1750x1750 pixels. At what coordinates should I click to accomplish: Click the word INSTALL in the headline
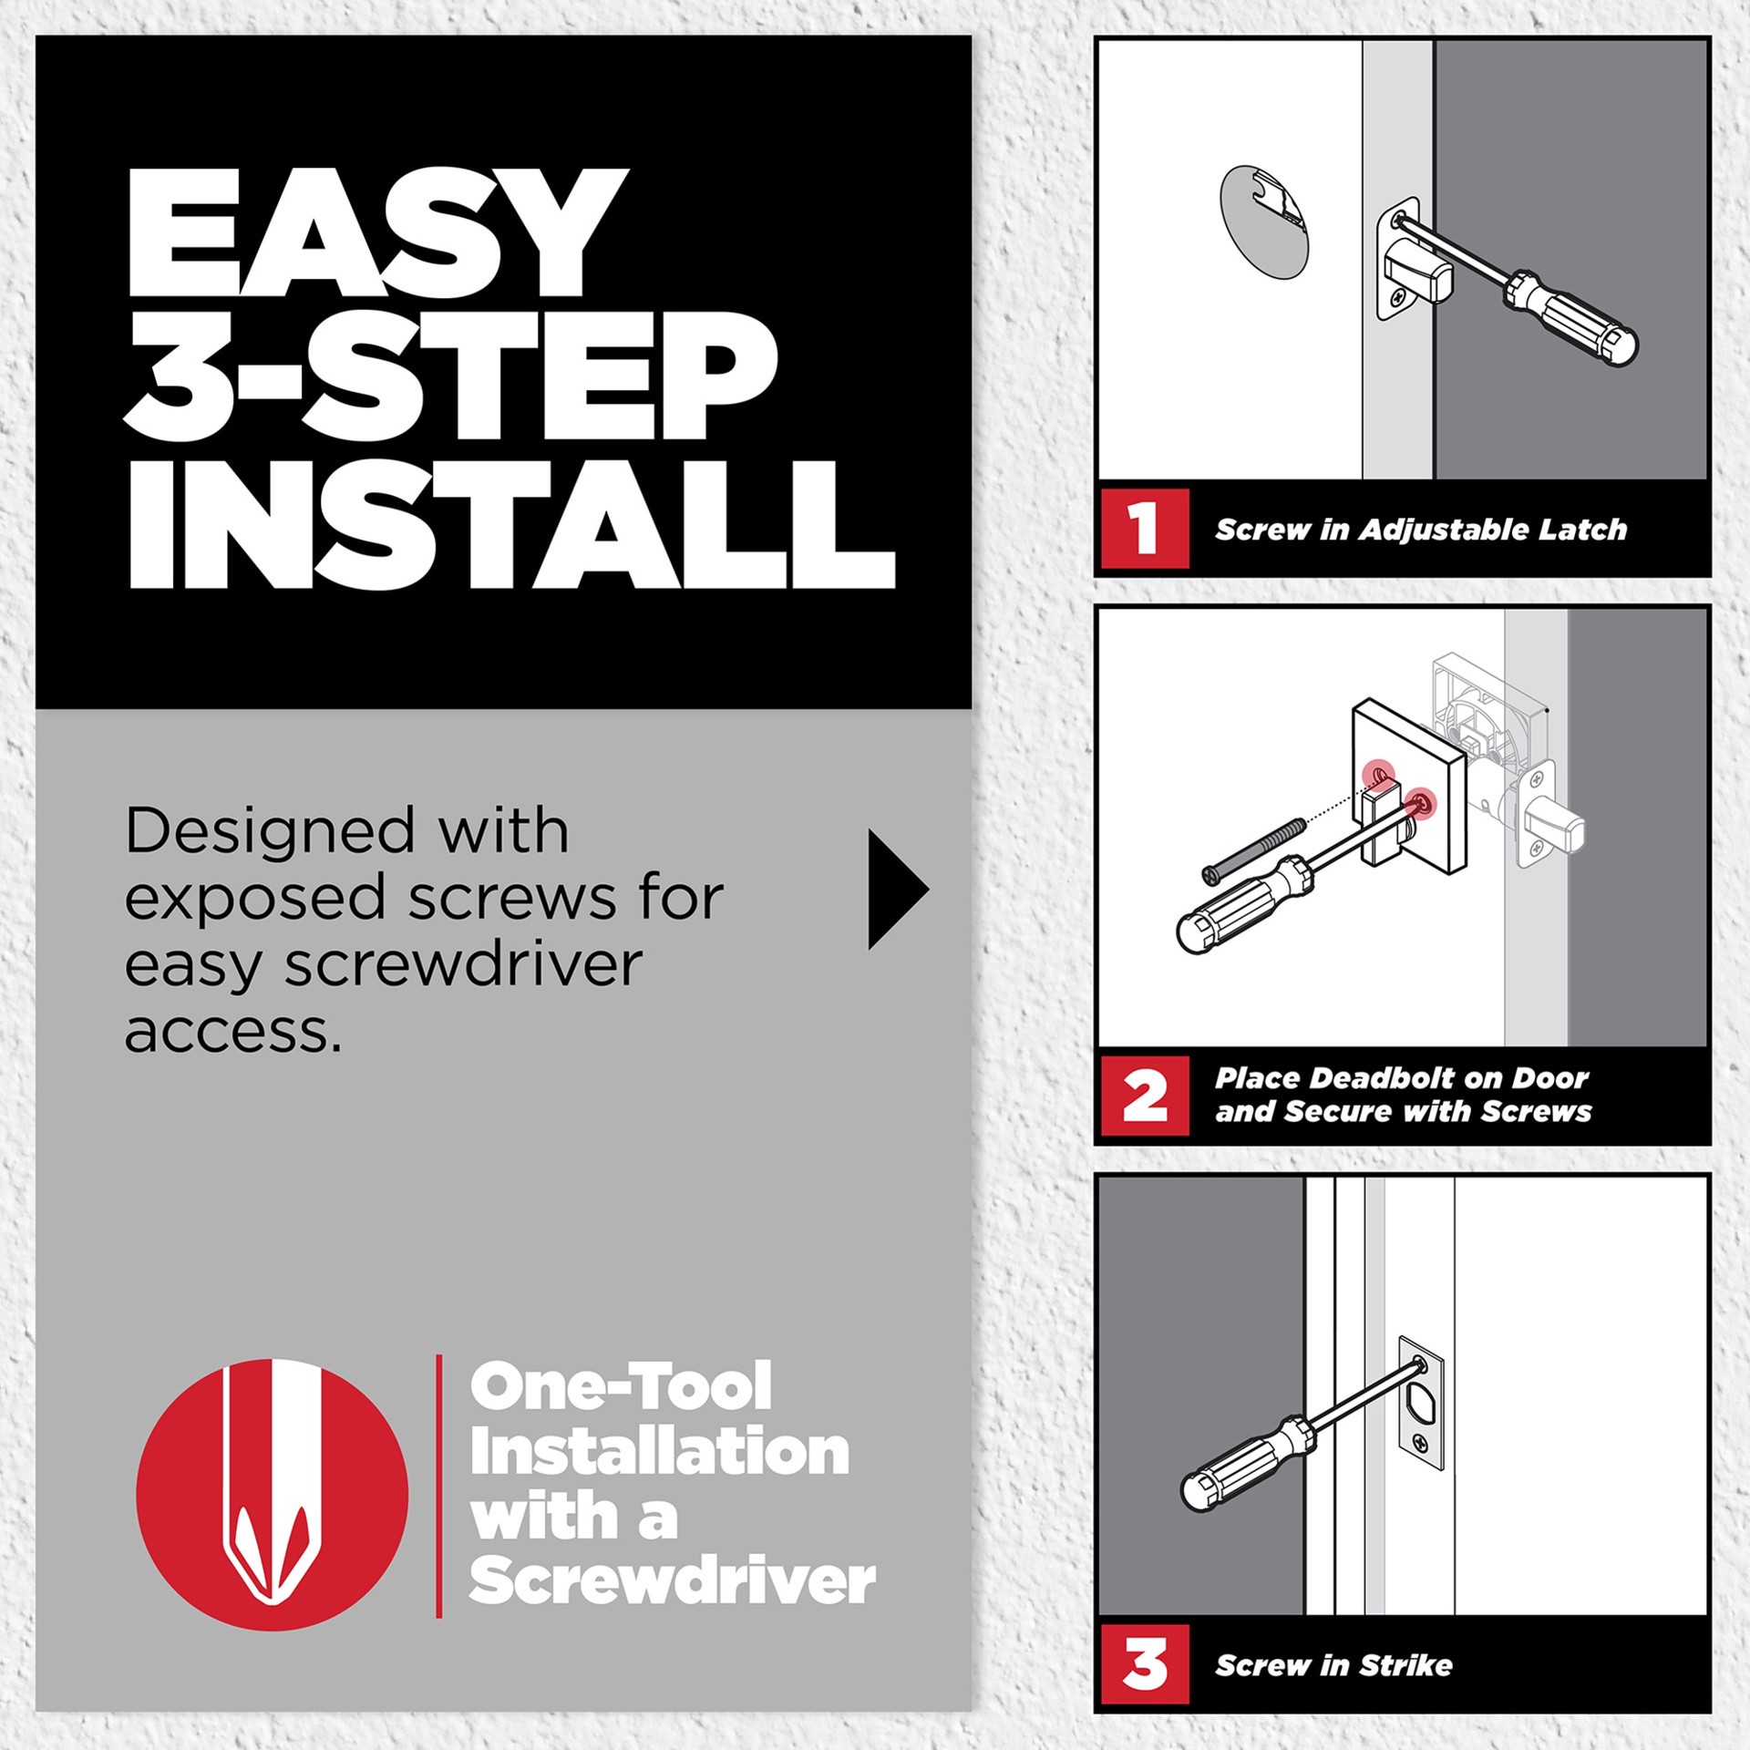point(510,526)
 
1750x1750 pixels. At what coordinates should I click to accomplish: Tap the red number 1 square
point(1144,529)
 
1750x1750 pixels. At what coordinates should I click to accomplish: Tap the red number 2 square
point(1144,1096)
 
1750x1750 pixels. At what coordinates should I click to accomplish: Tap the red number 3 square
point(1144,1664)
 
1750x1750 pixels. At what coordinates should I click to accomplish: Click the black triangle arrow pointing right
point(895,890)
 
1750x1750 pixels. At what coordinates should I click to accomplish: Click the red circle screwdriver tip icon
point(272,1495)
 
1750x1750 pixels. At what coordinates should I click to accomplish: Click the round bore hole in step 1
point(1262,221)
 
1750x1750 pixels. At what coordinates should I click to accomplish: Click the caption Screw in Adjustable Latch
point(1420,530)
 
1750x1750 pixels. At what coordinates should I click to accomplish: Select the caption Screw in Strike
point(1333,1665)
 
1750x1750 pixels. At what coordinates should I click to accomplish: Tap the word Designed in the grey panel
point(270,831)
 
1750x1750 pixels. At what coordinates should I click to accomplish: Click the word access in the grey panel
point(232,1032)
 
